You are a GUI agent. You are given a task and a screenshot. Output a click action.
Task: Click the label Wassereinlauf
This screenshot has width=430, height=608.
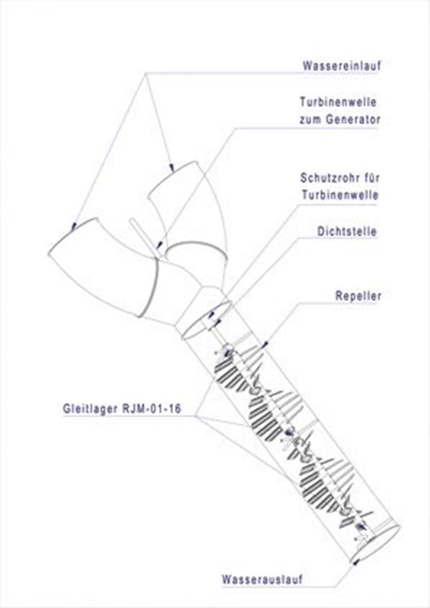(342, 65)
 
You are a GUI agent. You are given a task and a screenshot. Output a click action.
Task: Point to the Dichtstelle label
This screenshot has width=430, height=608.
(347, 232)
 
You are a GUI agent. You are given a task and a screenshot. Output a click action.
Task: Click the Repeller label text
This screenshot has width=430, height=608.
(358, 296)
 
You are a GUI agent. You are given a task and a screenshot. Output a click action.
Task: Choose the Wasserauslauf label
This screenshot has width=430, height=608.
(262, 579)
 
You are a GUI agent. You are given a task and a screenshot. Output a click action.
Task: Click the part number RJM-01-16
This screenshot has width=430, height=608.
(152, 409)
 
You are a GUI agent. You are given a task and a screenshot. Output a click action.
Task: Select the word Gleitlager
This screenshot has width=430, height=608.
(91, 409)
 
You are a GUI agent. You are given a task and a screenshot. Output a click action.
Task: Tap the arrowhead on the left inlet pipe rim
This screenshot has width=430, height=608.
(74, 226)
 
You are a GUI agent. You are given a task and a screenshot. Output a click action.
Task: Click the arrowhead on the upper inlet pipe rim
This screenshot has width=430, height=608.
(172, 167)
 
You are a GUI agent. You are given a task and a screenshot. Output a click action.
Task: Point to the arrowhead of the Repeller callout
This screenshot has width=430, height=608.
(266, 343)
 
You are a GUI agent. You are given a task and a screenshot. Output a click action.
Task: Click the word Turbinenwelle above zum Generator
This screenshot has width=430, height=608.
(338, 102)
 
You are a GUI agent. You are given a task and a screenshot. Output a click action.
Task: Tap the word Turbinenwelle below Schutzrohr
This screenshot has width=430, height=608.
(340, 195)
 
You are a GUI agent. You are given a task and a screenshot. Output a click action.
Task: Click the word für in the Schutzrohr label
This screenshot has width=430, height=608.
(370, 178)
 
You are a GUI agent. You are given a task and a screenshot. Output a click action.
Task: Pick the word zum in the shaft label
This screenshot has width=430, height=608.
(310, 119)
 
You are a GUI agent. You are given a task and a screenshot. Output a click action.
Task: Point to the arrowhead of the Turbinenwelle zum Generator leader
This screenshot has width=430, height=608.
(159, 245)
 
